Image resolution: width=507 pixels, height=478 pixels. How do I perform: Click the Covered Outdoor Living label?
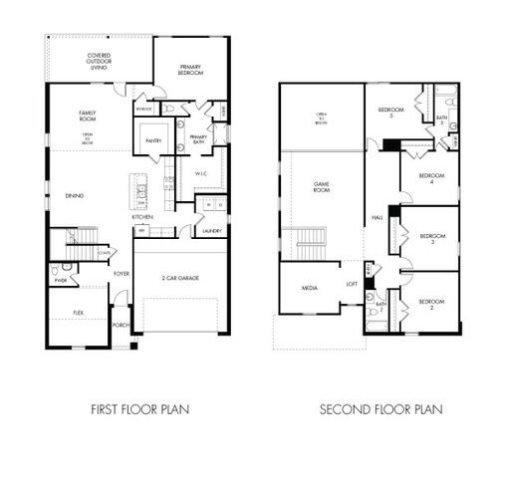click(99, 61)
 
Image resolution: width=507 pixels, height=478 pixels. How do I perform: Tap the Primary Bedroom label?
click(190, 69)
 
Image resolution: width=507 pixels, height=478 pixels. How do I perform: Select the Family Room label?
click(87, 117)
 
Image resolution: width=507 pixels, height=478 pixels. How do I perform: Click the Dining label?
click(75, 195)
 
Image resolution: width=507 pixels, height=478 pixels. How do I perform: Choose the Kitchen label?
click(142, 217)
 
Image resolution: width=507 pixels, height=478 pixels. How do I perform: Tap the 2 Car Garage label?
click(181, 278)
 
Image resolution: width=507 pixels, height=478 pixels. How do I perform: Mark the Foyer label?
click(122, 272)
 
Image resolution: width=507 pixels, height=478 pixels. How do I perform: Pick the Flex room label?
click(79, 313)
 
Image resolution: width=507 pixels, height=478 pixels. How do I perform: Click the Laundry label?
click(210, 231)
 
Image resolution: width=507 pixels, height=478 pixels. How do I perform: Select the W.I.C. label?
click(201, 172)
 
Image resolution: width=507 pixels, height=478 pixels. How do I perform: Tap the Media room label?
click(309, 288)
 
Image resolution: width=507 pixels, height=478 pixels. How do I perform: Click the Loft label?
click(352, 284)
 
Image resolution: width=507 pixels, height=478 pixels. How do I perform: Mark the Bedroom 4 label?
click(429, 179)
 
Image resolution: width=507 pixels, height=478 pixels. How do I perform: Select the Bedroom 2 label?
click(430, 303)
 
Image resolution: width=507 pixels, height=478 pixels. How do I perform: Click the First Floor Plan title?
click(140, 408)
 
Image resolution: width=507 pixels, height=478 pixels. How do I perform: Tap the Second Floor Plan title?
click(380, 408)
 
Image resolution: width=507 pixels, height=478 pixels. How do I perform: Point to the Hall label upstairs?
click(378, 217)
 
